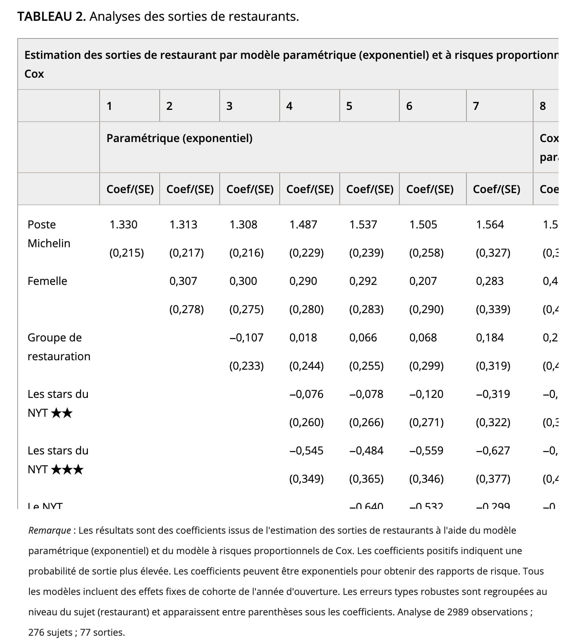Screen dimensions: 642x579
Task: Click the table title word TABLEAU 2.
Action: point(51,16)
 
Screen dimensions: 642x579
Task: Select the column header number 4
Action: point(289,106)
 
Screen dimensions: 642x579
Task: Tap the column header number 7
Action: point(476,106)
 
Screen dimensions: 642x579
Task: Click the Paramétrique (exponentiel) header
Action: point(179,138)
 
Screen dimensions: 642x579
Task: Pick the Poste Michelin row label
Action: point(49,234)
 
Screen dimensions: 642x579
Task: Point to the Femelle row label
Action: point(47,281)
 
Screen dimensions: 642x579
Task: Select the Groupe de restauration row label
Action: point(59,347)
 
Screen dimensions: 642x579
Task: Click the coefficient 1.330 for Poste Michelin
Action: point(123,224)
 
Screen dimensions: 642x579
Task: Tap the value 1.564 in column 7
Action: point(490,224)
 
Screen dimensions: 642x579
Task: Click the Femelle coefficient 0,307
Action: point(183,281)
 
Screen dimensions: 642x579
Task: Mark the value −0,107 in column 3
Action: point(246,337)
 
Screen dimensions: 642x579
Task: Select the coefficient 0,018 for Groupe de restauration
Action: point(303,337)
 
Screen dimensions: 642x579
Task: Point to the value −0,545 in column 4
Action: point(306,450)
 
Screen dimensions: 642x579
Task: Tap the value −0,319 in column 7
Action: point(493,394)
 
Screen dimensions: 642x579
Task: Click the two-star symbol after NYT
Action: point(62,413)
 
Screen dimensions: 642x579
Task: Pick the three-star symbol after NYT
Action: point(67,469)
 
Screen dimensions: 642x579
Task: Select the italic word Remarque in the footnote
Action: point(49,531)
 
